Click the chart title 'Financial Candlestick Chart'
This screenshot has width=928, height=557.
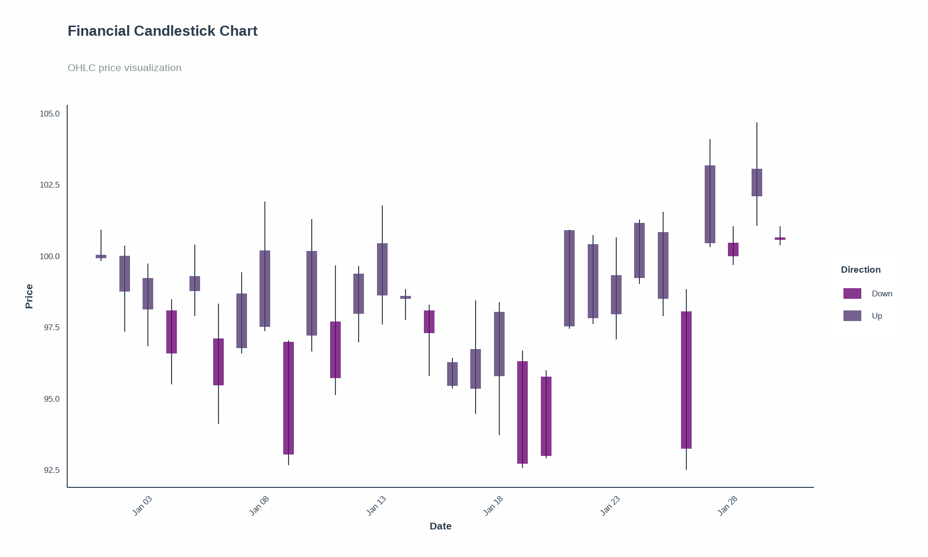pyautogui.click(x=162, y=31)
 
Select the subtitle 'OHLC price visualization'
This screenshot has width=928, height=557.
pyautogui.click(x=124, y=68)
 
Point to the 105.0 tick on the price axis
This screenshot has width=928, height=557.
pyautogui.click(x=49, y=114)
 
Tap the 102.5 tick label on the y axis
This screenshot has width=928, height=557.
pyautogui.click(x=49, y=185)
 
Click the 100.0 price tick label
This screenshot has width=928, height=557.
pyautogui.click(x=49, y=256)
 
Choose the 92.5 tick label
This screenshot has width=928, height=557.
pyautogui.click(x=51, y=470)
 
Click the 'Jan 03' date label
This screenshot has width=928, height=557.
pyautogui.click(x=142, y=506)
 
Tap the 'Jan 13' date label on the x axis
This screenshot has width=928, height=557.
pyautogui.click(x=376, y=506)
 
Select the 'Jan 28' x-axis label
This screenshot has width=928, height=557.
pyautogui.click(x=727, y=506)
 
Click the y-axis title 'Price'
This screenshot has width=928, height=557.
pyautogui.click(x=29, y=296)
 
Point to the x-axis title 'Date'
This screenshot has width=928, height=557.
pyautogui.click(x=440, y=526)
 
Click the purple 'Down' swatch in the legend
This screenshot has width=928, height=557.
pyautogui.click(x=852, y=293)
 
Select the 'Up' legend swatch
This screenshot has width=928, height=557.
pyautogui.click(x=852, y=316)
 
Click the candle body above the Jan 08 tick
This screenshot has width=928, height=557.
pyautogui.click(x=265, y=289)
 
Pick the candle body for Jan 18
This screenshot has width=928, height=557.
pyautogui.click(x=499, y=344)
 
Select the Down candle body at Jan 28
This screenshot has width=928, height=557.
pyautogui.click(x=733, y=249)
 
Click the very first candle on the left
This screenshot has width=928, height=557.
pyautogui.click(x=101, y=256)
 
